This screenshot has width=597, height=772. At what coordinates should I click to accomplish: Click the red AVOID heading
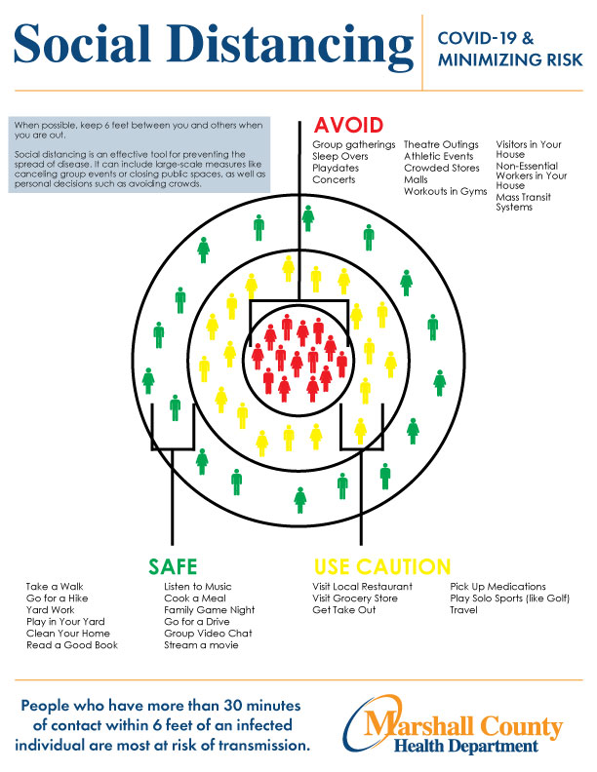coord(348,126)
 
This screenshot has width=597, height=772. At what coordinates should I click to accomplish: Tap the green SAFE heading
coord(173,567)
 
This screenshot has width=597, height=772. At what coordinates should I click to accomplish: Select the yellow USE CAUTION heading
coord(382,567)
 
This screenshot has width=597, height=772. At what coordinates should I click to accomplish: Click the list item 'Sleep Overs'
coord(339,156)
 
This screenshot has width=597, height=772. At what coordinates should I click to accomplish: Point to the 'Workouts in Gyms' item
coord(445,191)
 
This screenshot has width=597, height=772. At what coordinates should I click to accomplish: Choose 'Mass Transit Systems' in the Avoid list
coord(523,202)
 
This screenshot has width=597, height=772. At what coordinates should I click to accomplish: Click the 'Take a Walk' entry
coord(55,587)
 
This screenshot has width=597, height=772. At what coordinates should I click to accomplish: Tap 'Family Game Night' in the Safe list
coord(210,610)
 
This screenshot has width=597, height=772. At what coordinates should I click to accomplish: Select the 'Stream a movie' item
coord(201,645)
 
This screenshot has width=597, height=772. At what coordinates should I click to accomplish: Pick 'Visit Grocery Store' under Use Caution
coord(355,598)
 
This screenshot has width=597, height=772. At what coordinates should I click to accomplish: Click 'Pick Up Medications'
coord(497,587)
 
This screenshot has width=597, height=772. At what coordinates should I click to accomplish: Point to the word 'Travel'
coord(463,610)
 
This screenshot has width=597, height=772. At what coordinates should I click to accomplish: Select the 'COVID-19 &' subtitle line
coord(485,38)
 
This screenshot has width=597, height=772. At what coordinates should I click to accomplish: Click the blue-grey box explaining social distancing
coord(139,155)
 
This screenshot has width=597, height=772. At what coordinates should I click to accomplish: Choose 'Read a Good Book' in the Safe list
coord(72,645)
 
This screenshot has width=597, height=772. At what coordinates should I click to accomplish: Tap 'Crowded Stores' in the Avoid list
coord(441,168)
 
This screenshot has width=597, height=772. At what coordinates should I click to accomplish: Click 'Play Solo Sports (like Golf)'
coord(509,598)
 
